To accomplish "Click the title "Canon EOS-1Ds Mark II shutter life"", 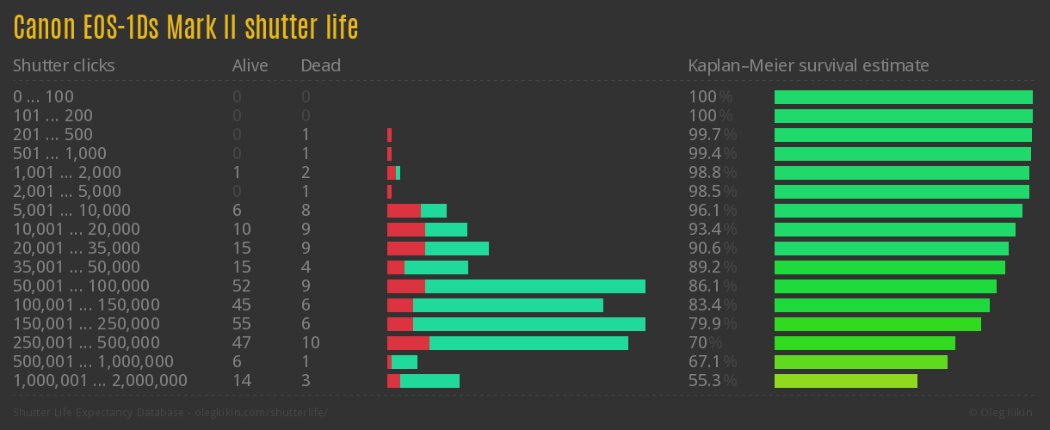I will click(185, 28).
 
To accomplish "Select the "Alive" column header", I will click(250, 65).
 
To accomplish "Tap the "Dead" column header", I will click(321, 65).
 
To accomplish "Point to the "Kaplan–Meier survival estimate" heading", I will click(808, 65).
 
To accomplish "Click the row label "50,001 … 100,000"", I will click(81, 286).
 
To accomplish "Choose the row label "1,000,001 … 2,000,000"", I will click(100, 381).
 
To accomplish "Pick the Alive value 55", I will click(242, 324).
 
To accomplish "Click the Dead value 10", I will click(311, 343).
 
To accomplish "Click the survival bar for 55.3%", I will click(846, 381).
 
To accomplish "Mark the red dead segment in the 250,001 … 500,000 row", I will click(408, 343).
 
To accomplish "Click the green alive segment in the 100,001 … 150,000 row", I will click(508, 305).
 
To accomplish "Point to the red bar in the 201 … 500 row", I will click(389, 135).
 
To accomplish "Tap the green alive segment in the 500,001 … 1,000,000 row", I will click(405, 362).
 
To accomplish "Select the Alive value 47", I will click(242, 343).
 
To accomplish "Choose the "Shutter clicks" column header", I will click(64, 65).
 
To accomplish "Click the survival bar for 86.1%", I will click(886, 286).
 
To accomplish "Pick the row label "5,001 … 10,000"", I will click(71, 211).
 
